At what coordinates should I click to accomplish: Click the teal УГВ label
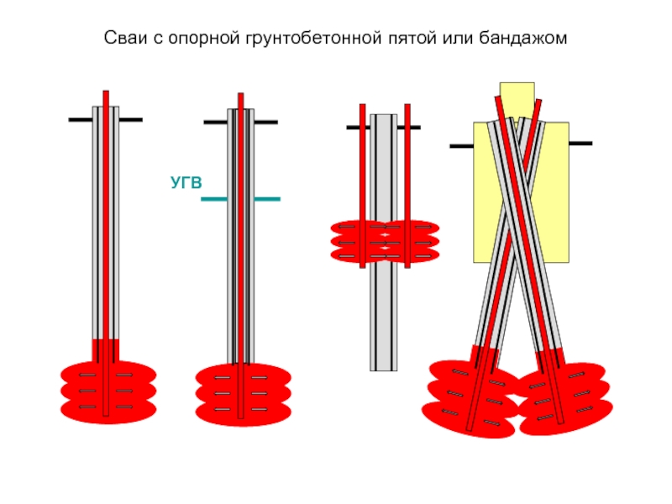186,181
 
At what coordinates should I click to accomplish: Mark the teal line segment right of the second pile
267,199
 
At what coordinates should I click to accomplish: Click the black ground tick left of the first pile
80,120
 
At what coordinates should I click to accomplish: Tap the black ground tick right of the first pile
130,120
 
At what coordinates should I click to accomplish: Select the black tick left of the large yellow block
461,146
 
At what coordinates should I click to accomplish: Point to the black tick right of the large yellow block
580,144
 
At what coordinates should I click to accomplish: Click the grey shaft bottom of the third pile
384,336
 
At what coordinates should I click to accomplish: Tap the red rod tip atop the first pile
106,97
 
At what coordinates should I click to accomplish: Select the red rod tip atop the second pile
240,100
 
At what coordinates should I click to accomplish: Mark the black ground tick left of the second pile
215,123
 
